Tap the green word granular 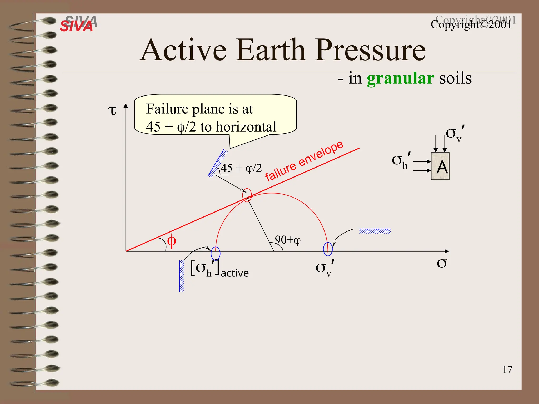coord(400,78)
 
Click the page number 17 coord(507,370)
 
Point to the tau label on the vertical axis coord(112,110)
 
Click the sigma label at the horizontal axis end coord(442,263)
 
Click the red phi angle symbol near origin coord(171,241)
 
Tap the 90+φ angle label coord(287,240)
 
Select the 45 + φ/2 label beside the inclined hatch coord(241,168)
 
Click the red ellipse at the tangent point coord(247,195)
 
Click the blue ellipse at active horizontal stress coord(216,253)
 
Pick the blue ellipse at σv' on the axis coord(328,249)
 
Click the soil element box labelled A coord(440,166)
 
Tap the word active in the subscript coord(234,273)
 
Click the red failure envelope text coord(304,161)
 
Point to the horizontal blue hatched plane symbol coord(375,231)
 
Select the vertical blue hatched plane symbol coord(182,276)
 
